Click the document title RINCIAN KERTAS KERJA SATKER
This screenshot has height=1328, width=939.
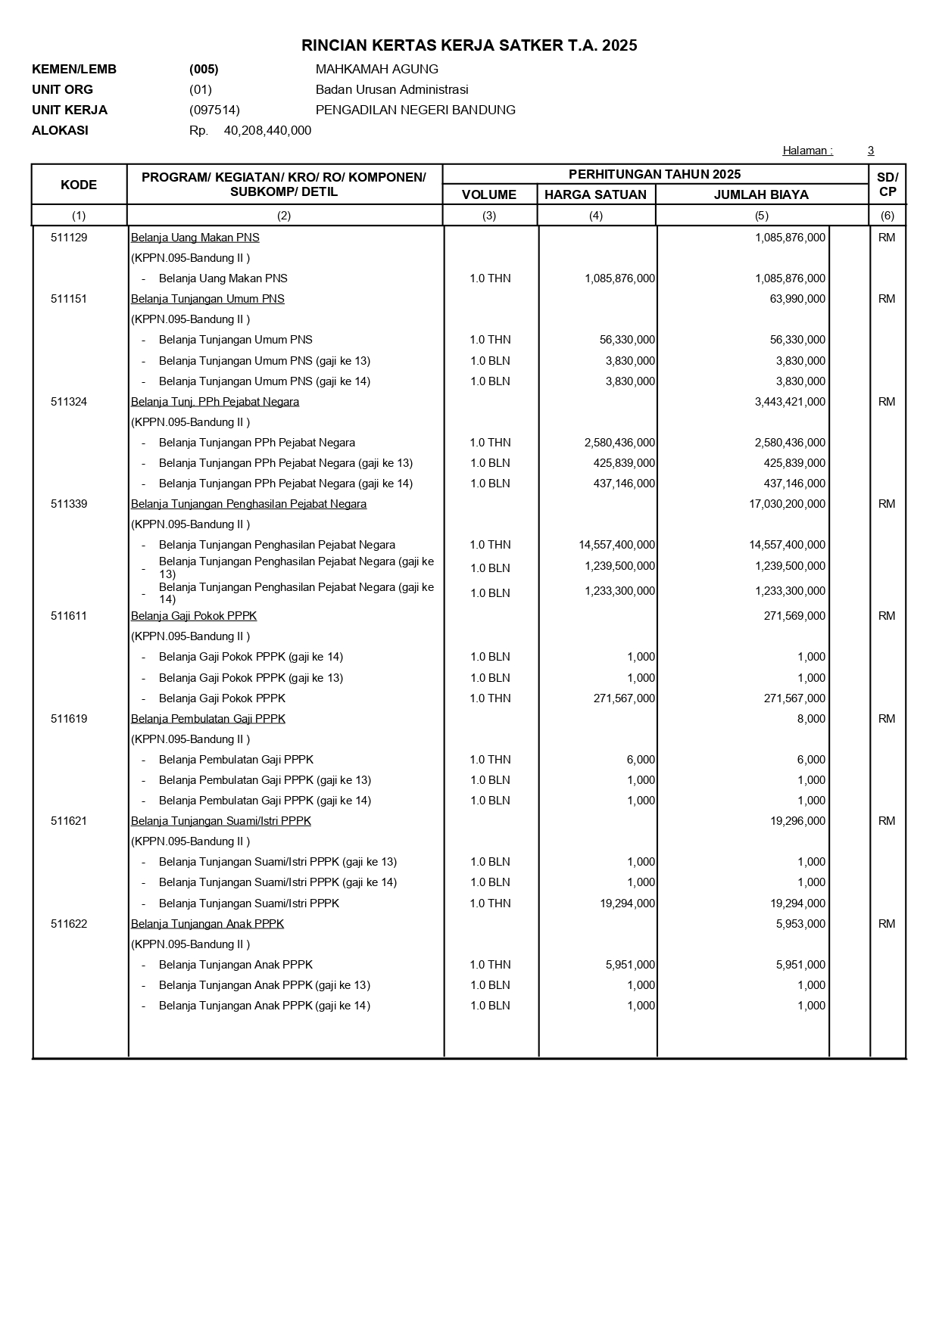click(x=469, y=46)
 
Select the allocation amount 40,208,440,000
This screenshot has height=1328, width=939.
click(x=267, y=131)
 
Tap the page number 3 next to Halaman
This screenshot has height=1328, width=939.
click(x=871, y=151)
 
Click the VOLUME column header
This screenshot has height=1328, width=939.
click(x=489, y=194)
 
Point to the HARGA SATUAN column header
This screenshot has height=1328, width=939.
click(x=595, y=194)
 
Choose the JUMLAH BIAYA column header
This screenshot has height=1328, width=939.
click(x=761, y=194)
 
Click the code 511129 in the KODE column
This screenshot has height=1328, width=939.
click(x=69, y=238)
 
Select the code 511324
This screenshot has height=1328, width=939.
click(x=69, y=402)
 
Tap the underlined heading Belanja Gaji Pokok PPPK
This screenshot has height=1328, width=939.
click(x=194, y=616)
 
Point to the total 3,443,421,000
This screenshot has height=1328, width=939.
click(x=790, y=402)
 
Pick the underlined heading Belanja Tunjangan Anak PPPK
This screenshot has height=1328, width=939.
click(x=207, y=924)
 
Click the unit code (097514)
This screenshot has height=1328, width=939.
click(x=214, y=110)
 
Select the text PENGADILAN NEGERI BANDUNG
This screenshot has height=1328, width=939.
click(x=415, y=110)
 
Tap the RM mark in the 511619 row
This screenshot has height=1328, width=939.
click(x=887, y=719)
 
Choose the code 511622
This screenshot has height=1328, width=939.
click(x=69, y=924)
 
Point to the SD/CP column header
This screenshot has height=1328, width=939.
click(x=887, y=185)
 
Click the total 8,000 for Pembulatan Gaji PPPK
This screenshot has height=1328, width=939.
click(x=811, y=719)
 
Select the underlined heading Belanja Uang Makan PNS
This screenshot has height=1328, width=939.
click(x=195, y=238)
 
